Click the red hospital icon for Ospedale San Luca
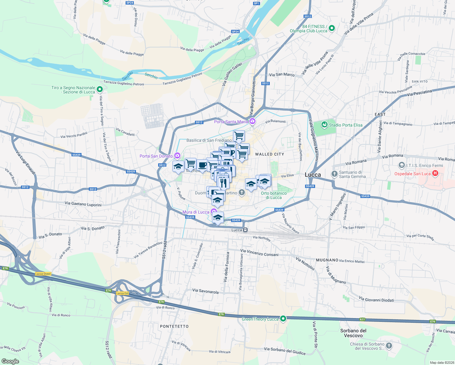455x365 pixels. pyautogui.click(x=435, y=173)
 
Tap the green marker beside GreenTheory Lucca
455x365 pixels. pyautogui.click(x=283, y=318)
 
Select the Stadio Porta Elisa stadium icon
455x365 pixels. pyautogui.click(x=325, y=125)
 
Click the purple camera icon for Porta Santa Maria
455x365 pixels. pyautogui.click(x=252, y=122)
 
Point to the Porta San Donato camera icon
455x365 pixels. pyautogui.click(x=177, y=156)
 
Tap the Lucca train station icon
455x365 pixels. pyautogui.click(x=245, y=230)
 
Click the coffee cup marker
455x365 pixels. pyautogui.click(x=202, y=165)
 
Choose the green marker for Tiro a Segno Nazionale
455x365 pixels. pyautogui.click(x=100, y=89)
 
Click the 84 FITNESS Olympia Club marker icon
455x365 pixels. pyautogui.click(x=332, y=28)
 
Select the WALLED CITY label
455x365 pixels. pyautogui.click(x=269, y=154)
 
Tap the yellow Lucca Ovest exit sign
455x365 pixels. pyautogui.click(x=43, y=274)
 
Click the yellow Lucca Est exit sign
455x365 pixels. pyautogui.click(x=122, y=293)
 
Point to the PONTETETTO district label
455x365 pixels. pyautogui.click(x=174, y=326)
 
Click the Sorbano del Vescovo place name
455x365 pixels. pyautogui.click(x=353, y=333)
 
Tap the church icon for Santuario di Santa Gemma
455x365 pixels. pyautogui.click(x=334, y=174)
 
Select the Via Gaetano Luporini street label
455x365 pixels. pyautogui.click(x=83, y=204)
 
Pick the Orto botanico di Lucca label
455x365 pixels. pyautogui.click(x=274, y=195)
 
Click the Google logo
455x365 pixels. pyautogui.click(x=10, y=361)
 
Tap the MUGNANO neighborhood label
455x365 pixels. pyautogui.click(x=327, y=260)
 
